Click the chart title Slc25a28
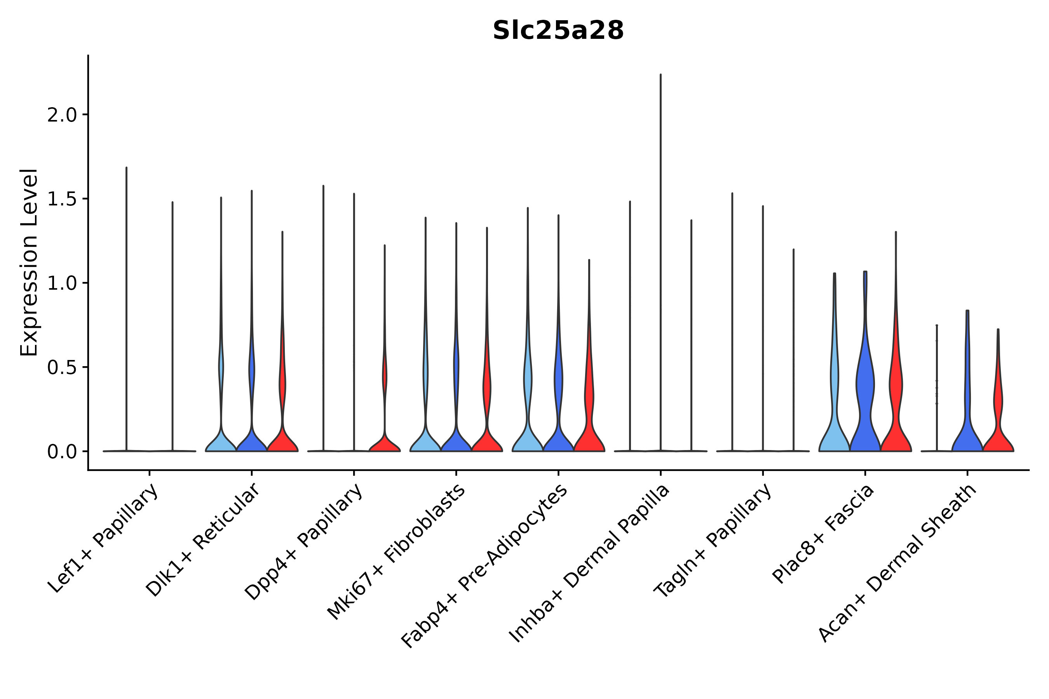(x=558, y=31)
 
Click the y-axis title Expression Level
(x=30, y=263)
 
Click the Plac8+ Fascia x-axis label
(x=823, y=534)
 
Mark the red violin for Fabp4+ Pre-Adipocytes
(x=589, y=428)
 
